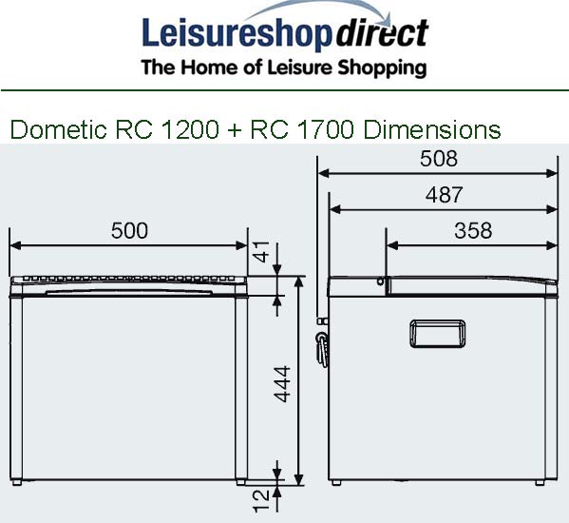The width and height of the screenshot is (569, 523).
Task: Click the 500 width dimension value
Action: [x=129, y=230]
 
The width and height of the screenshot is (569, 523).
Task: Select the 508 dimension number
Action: [x=438, y=159]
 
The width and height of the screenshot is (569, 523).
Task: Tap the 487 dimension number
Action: [x=444, y=195]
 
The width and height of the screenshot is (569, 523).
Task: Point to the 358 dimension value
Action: [x=472, y=230]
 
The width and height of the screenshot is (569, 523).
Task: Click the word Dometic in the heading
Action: [x=58, y=129]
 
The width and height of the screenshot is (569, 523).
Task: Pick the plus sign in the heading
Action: [x=235, y=130]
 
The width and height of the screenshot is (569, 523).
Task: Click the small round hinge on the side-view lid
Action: [x=380, y=281]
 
